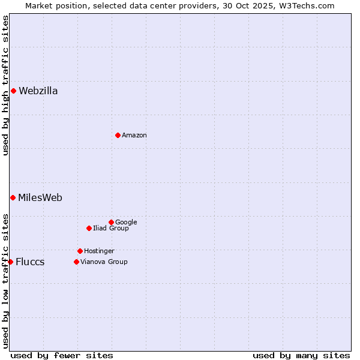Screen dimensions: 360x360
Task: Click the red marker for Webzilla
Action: [x=13, y=91]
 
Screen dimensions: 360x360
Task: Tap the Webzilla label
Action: [x=38, y=91]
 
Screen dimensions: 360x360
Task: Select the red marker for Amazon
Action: [x=118, y=135]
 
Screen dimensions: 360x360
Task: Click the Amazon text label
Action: [x=134, y=136]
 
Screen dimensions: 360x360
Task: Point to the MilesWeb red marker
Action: [x=13, y=197]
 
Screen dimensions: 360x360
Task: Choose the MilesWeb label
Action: [x=40, y=197]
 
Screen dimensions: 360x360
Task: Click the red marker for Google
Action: [x=111, y=222]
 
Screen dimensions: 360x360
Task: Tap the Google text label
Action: [x=126, y=222]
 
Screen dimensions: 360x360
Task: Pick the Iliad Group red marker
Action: [x=89, y=228]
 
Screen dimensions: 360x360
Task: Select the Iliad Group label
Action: [x=110, y=228]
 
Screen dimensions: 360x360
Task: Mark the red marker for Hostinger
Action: [x=80, y=251]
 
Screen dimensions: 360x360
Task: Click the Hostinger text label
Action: [x=99, y=251]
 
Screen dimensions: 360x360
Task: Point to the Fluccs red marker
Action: [x=10, y=262]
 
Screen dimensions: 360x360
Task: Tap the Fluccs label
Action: [x=30, y=262]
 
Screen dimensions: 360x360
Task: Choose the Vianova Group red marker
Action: [x=76, y=262]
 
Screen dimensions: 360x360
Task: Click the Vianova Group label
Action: [x=104, y=262]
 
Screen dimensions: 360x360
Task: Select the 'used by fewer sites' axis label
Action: [x=62, y=355]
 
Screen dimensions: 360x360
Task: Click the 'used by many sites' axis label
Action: [x=301, y=355]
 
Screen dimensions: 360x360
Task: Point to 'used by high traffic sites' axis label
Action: [x=5, y=85]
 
